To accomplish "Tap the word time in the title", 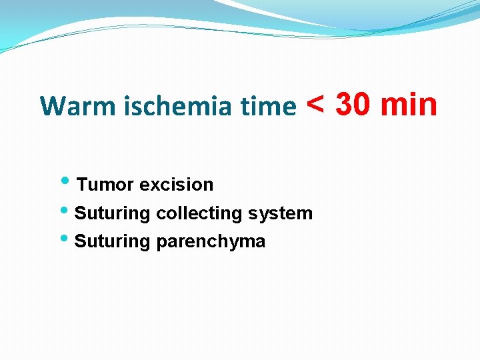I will point(271,106).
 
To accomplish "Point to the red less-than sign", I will point(316,105).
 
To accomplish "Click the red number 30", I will point(354,105).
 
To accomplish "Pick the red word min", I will point(409,105).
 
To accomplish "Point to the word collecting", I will point(199,213).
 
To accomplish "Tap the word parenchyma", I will point(211,241).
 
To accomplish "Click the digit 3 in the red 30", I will point(345,105).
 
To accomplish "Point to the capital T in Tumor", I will point(82,185).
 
